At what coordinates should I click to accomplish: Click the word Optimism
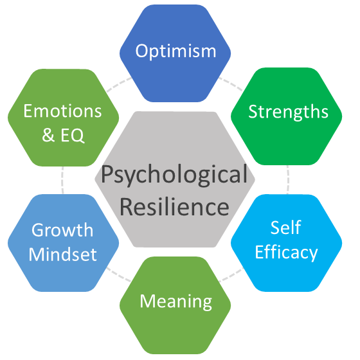(x=175, y=51)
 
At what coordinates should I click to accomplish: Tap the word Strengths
(x=289, y=112)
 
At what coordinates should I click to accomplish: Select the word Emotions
(x=62, y=111)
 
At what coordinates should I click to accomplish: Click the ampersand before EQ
(x=48, y=135)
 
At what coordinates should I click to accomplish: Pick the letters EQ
(x=72, y=136)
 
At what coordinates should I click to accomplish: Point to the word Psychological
(x=174, y=175)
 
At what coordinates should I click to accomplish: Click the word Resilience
(x=174, y=207)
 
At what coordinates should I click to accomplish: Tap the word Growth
(x=62, y=230)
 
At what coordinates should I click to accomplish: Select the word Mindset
(x=63, y=254)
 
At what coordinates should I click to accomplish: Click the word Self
(x=286, y=228)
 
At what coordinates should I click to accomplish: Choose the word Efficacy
(x=286, y=253)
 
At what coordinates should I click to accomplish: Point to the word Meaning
(x=176, y=301)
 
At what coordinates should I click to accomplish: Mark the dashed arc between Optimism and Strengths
(x=231, y=83)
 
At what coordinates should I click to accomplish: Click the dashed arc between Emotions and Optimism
(x=119, y=84)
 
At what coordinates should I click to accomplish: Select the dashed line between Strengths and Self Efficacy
(x=288, y=179)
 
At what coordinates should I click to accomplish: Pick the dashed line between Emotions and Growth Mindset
(x=62, y=180)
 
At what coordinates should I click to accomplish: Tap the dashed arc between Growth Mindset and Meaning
(x=118, y=274)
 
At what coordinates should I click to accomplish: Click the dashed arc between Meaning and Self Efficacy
(x=231, y=274)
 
